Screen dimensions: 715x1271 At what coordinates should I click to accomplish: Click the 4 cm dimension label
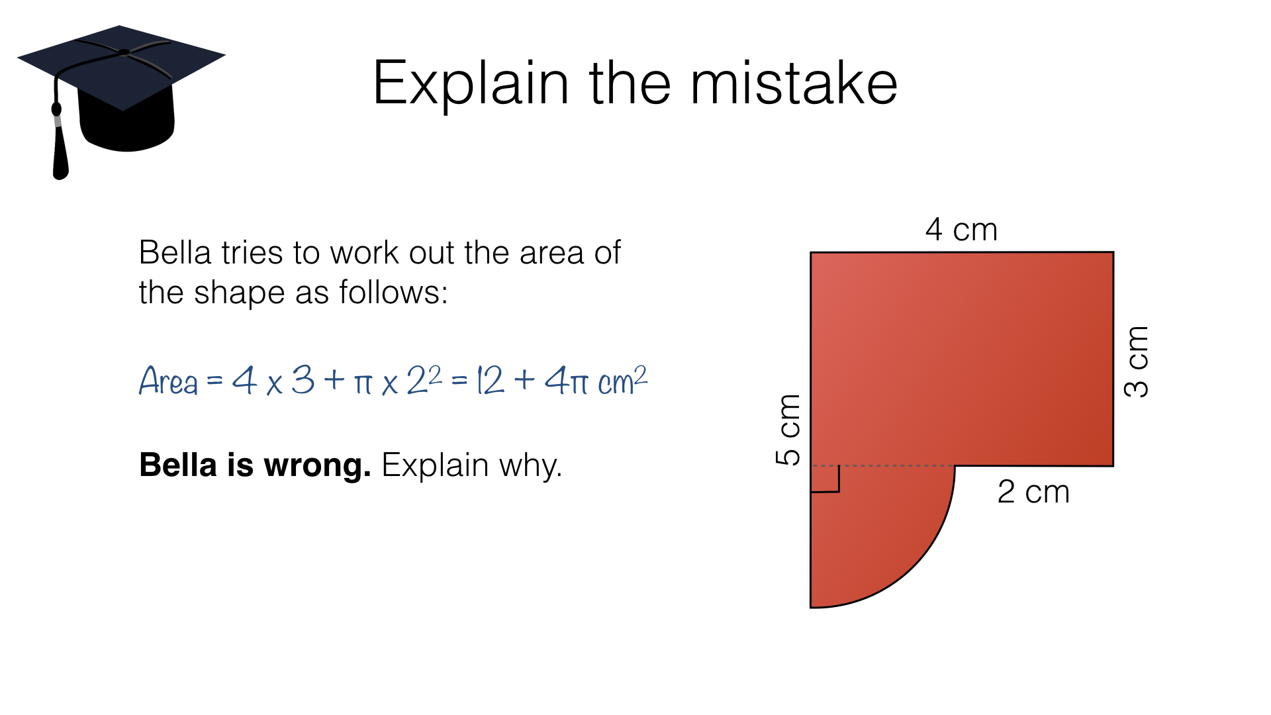[961, 230]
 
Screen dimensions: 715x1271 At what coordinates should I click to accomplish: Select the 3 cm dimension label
[1136, 361]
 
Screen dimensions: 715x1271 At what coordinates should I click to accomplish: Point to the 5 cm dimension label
[788, 430]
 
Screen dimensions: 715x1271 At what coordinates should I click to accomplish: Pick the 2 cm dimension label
[1033, 492]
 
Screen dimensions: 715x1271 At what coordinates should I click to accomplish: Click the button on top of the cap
[124, 52]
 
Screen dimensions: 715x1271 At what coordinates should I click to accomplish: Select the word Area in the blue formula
[168, 381]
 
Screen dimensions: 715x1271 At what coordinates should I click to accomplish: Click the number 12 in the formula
[491, 381]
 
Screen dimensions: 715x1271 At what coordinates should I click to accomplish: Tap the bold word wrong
[317, 465]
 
